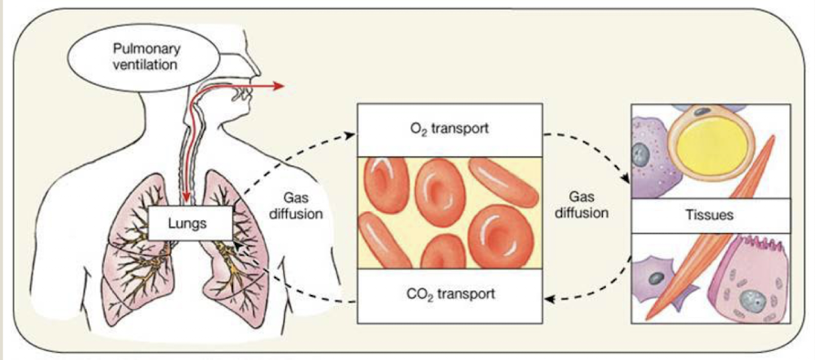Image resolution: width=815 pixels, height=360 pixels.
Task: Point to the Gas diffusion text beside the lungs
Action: pyautogui.click(x=297, y=206)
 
